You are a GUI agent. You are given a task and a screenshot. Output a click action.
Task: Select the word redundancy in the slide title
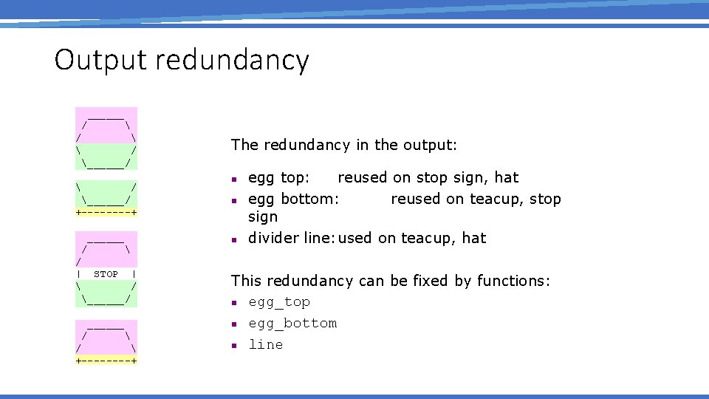coord(232,61)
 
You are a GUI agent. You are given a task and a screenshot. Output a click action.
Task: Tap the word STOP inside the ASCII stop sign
coord(106,274)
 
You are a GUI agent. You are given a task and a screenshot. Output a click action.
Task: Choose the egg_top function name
coord(279,302)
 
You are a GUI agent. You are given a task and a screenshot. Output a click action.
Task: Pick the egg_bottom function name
coord(292,324)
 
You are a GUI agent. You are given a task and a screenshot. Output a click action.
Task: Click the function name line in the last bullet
coord(265,344)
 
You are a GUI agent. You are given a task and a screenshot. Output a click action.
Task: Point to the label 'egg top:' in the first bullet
coord(279,178)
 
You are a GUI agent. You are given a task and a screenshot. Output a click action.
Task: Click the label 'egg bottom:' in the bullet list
coord(294,199)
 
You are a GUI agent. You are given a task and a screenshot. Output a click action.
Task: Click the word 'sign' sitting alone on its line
coord(263,217)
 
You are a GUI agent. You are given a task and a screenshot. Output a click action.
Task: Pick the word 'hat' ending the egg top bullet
coord(507,178)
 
